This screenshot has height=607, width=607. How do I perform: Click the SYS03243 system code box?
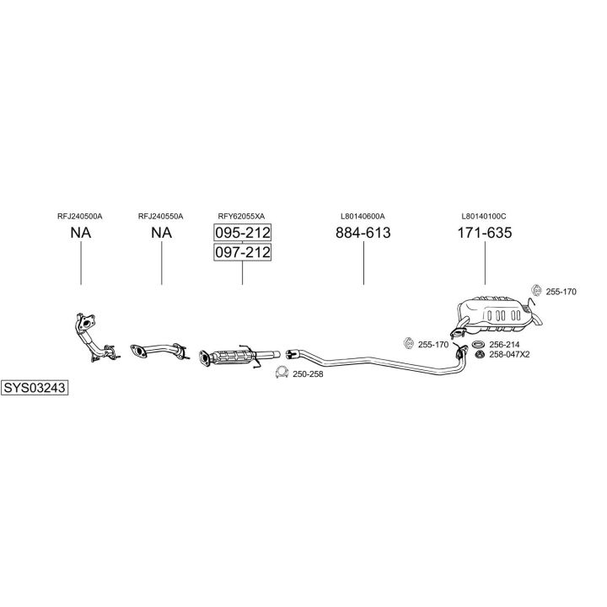point(35,388)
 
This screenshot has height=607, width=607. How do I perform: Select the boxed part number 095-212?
point(242,233)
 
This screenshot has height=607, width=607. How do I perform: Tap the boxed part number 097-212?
point(242,252)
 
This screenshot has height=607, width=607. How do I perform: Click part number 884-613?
point(363,233)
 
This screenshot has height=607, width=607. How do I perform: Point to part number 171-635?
point(485,233)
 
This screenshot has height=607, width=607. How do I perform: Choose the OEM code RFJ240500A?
point(80,217)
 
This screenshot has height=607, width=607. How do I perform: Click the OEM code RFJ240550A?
point(161,217)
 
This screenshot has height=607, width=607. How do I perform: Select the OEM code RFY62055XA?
point(242,217)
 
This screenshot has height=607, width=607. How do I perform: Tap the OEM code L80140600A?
point(363,217)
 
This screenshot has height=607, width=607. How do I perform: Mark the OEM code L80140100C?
point(484,217)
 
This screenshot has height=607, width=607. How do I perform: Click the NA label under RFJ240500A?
point(81,233)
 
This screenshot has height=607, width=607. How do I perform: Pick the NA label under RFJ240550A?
point(161,233)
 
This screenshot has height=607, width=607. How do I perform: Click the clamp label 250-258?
point(308,374)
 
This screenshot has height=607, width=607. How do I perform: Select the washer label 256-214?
point(504,345)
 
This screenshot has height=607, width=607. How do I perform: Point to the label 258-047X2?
point(509,354)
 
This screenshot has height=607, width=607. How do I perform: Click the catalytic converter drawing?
point(239,356)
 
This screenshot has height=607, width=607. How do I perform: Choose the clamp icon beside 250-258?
point(282,373)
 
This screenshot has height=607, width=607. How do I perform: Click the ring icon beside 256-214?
point(479,344)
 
